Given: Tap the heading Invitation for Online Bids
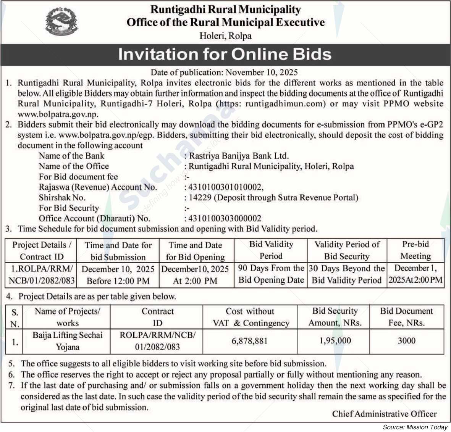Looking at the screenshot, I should [225, 54].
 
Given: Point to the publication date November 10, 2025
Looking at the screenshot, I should [262, 73].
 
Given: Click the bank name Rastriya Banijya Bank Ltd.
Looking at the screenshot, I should [239, 156].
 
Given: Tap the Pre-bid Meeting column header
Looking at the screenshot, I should [415, 250].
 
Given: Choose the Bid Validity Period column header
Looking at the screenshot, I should [271, 250].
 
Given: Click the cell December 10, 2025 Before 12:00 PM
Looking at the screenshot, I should [118, 275].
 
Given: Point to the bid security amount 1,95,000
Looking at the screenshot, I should [335, 341].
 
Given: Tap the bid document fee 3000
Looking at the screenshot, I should [406, 341].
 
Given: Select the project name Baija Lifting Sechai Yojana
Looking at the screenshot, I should [68, 341].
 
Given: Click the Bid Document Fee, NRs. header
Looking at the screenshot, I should [406, 317].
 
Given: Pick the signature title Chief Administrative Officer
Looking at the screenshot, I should [384, 414].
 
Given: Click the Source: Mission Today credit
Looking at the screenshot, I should [415, 427].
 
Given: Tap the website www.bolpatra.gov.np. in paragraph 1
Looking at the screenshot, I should [58, 114].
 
